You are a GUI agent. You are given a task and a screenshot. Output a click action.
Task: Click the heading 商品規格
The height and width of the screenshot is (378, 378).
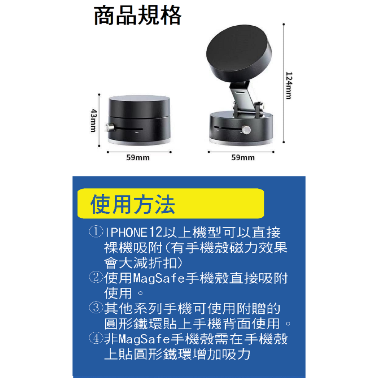138,16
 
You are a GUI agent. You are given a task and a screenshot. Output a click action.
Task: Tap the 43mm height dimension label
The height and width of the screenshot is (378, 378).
92,120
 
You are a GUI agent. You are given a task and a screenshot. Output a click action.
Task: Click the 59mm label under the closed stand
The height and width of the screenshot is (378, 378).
138,158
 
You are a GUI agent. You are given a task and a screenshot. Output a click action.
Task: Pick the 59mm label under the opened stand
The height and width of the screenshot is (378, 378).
243,158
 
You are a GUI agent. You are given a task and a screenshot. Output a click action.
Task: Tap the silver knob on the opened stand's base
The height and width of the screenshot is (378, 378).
246,130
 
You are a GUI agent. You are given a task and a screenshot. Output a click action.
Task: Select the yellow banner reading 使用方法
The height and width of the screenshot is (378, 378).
170,204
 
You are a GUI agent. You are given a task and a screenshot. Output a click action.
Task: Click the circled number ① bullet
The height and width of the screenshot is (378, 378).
96,231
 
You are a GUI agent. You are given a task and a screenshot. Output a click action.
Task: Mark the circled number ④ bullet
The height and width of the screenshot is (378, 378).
96,338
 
